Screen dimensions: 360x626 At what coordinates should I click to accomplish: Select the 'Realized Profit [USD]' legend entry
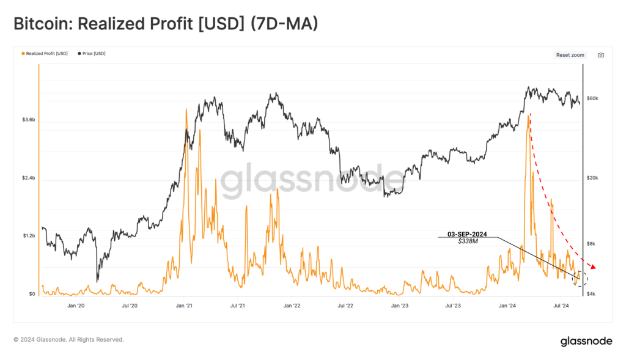pos(46,54)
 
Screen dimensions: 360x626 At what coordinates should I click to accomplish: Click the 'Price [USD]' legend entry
pos(94,54)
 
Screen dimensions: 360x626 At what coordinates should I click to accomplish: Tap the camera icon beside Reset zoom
pos(601,55)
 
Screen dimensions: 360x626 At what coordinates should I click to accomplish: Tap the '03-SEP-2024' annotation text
pos(468,234)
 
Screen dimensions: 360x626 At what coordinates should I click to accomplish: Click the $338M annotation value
pos(468,242)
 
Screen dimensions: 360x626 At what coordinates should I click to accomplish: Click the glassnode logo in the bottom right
pos(586,341)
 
